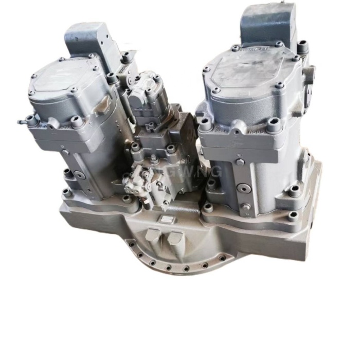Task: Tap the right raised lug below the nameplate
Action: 175,238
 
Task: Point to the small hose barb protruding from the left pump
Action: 22,122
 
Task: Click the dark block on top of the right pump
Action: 268,23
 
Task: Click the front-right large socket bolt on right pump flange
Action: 273,123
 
